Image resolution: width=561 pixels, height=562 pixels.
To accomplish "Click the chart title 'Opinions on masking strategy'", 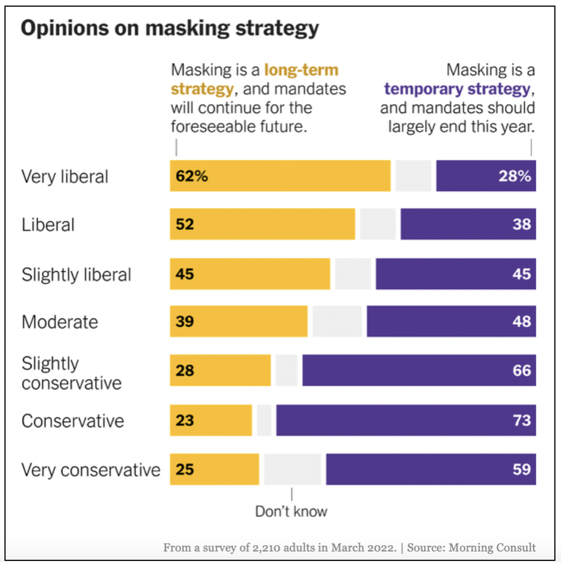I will (170, 28).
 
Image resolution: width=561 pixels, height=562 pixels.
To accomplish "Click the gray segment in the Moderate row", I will (337, 322).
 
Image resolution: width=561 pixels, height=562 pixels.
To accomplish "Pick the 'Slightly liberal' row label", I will (76, 275).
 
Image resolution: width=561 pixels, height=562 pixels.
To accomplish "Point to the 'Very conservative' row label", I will (91, 470).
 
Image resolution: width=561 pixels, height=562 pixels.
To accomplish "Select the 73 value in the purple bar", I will (521, 420).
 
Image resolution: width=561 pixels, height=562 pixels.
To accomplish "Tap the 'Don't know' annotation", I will (291, 511).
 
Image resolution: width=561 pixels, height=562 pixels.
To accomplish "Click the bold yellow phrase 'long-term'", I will (301, 71).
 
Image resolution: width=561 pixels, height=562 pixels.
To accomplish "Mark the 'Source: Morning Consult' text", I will (471, 548).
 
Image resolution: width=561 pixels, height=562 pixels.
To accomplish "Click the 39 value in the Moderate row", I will (185, 322).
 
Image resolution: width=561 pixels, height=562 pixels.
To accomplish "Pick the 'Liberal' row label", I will (48, 225).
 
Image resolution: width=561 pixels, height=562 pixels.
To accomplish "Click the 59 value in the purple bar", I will (521, 469).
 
